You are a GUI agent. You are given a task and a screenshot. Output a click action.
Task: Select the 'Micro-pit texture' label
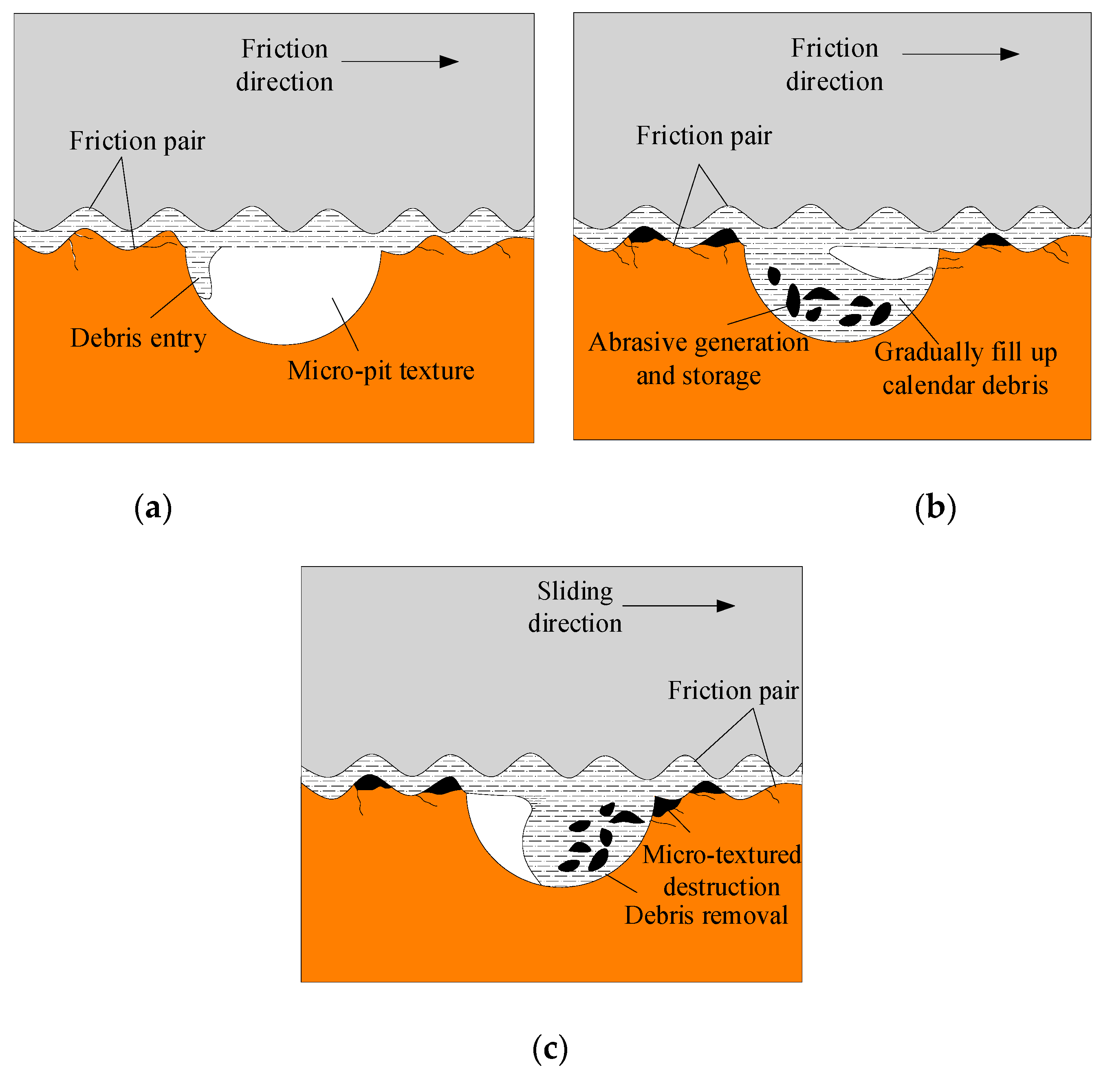coord(381,371)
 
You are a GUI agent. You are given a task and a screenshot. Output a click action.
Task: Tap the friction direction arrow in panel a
coord(400,62)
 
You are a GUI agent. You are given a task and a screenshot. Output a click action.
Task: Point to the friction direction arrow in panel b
coord(960,54)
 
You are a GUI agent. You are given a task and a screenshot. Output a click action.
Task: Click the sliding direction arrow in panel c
coord(678,606)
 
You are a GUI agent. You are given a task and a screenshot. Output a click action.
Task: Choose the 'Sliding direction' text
coord(575,607)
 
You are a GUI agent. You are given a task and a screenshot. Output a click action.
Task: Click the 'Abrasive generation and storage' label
coord(698,359)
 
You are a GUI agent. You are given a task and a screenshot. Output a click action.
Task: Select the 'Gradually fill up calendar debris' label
coord(965,369)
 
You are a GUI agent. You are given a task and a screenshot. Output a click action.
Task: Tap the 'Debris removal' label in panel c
coord(706,915)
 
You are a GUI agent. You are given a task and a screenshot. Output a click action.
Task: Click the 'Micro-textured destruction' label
coord(721,870)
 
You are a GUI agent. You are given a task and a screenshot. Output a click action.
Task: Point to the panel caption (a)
coord(153,508)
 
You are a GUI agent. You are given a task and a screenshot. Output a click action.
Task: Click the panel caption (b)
coord(935,508)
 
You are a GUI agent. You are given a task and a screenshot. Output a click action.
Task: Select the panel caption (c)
coord(550,1048)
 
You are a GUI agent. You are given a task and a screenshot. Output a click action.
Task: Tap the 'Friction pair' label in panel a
coord(137,141)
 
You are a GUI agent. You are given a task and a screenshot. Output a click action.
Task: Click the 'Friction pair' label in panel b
coord(703,136)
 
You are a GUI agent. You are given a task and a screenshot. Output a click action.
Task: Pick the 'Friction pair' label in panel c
coord(733,690)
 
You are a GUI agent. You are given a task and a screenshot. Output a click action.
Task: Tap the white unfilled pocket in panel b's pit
coord(884,261)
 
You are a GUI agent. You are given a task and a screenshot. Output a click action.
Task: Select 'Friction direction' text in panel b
coord(834,64)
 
